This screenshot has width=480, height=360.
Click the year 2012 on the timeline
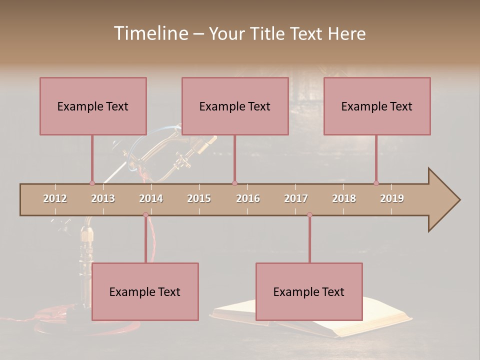pos(55,198)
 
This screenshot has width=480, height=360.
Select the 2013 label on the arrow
pos(103,198)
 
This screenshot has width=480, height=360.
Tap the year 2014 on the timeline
pos(151,198)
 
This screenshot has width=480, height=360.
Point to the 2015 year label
pos(199,198)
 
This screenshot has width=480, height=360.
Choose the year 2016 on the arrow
pos(248,198)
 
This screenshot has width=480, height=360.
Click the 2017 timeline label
pos(296,198)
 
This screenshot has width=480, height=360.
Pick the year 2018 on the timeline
pos(344,198)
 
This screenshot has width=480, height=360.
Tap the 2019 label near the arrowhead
pos(392,198)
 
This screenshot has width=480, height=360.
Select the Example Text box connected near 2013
pos(93,106)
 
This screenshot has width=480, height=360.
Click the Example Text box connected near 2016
pos(235,106)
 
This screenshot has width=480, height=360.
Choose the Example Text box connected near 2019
pos(377,106)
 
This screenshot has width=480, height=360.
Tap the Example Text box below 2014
pos(145,291)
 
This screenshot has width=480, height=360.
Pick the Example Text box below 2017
pos(309,291)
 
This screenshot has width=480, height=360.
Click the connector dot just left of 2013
pos(92,183)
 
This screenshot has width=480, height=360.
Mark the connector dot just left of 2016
pos(234,183)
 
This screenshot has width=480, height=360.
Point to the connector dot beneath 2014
pos(145,215)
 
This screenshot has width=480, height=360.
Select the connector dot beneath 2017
pos(309,215)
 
